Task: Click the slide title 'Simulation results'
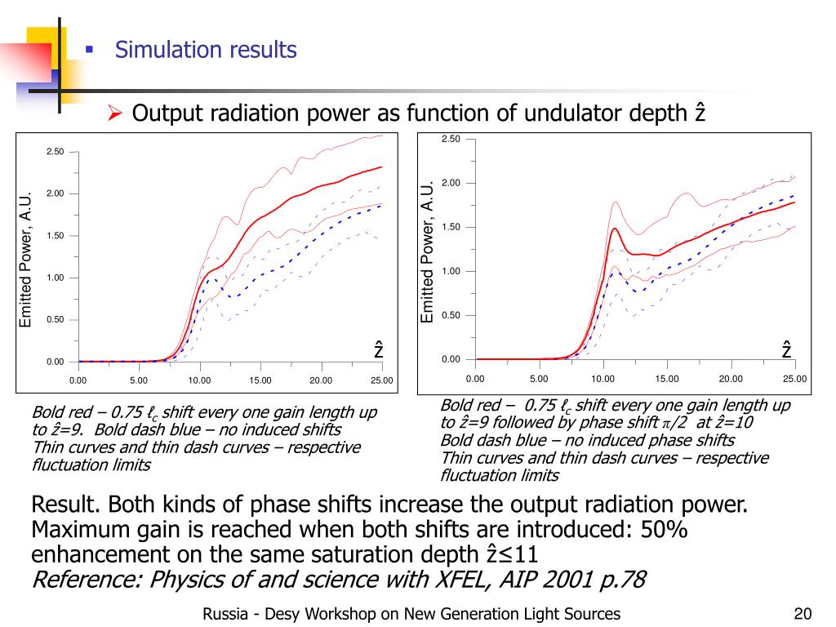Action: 206,51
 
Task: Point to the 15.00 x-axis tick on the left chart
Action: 260,380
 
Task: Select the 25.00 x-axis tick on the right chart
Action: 794,379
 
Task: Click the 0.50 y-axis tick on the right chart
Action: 451,315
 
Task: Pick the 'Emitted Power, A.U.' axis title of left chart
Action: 25,260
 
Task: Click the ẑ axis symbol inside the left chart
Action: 379,349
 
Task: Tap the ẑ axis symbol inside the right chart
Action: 786,349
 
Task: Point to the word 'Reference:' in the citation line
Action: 81,580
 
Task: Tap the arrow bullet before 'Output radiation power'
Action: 115,113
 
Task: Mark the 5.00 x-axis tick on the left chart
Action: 139,380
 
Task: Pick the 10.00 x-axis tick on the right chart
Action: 603,379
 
